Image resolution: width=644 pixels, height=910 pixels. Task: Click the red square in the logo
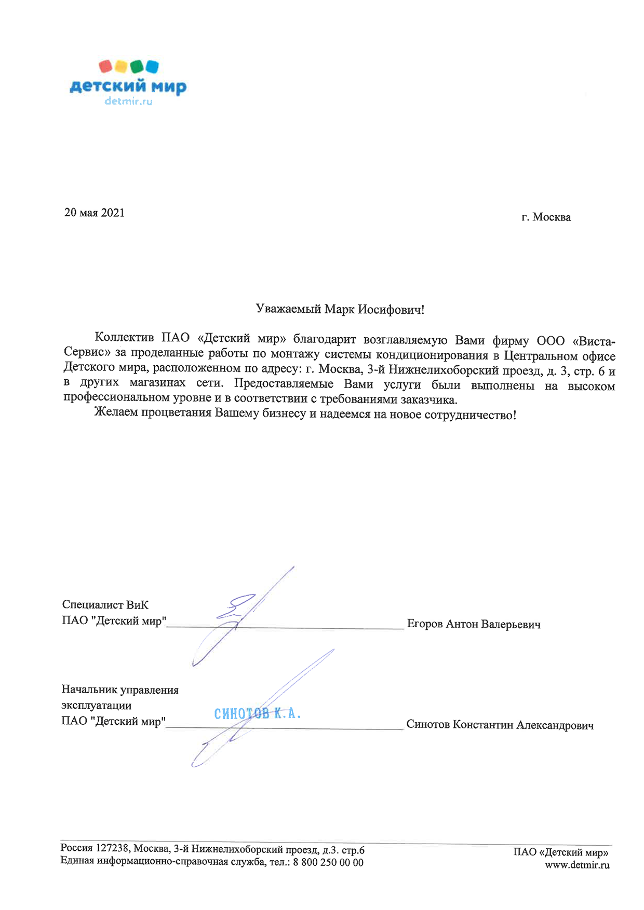point(106,66)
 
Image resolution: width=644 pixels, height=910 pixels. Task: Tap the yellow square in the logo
point(121,66)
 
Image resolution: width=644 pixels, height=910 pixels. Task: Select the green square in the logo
point(137,66)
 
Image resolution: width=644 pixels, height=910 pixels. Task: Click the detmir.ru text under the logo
point(128,102)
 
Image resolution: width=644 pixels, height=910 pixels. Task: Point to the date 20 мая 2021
point(95,213)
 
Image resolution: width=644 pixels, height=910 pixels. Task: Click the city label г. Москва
point(546,217)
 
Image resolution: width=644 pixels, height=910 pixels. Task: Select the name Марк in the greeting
point(339,310)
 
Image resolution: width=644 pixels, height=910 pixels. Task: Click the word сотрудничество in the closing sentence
point(470,415)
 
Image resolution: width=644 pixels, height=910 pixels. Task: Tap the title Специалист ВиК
point(105,605)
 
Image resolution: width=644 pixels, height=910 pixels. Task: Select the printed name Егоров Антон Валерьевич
point(474,624)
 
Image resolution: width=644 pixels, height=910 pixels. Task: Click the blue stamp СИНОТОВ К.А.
point(258,714)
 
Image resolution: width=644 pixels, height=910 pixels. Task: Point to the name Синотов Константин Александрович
point(500,725)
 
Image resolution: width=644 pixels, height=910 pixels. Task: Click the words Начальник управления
point(120,690)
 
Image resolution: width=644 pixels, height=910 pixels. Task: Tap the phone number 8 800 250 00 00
point(328,863)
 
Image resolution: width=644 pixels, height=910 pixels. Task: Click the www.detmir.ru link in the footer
point(577,865)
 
